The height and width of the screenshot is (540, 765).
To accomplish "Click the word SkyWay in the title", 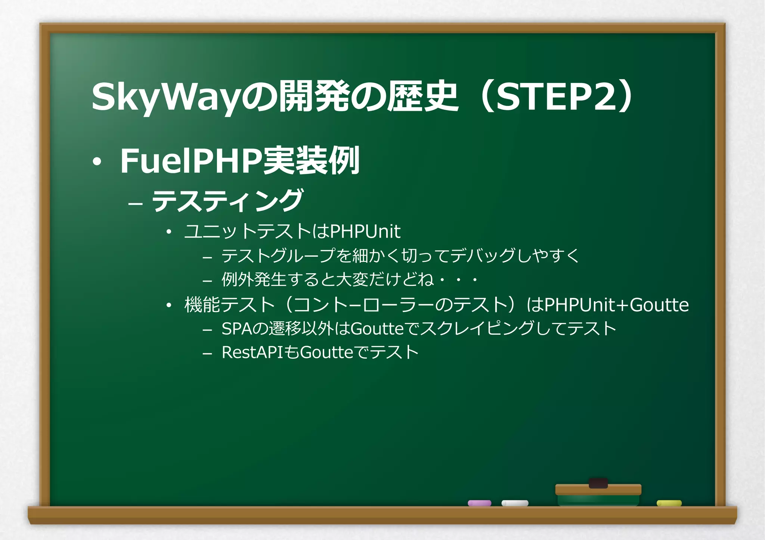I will point(164,97).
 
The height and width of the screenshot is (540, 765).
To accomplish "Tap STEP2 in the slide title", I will point(557,97).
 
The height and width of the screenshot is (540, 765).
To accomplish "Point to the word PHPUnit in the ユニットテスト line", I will point(365,231).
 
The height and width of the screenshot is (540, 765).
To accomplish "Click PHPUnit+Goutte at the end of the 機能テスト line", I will point(616,305).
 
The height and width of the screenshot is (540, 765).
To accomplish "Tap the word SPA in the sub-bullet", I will point(237,329).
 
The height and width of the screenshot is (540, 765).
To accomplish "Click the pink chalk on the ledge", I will point(479,503).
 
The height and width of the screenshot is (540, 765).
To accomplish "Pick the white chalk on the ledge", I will point(515,503).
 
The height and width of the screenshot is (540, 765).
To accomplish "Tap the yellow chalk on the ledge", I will point(669,503).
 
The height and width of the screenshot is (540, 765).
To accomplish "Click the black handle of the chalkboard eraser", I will point(598,483).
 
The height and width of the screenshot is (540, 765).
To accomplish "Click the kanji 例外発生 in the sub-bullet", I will point(254,280).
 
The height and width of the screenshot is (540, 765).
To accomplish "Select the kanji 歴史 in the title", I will point(422,97).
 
